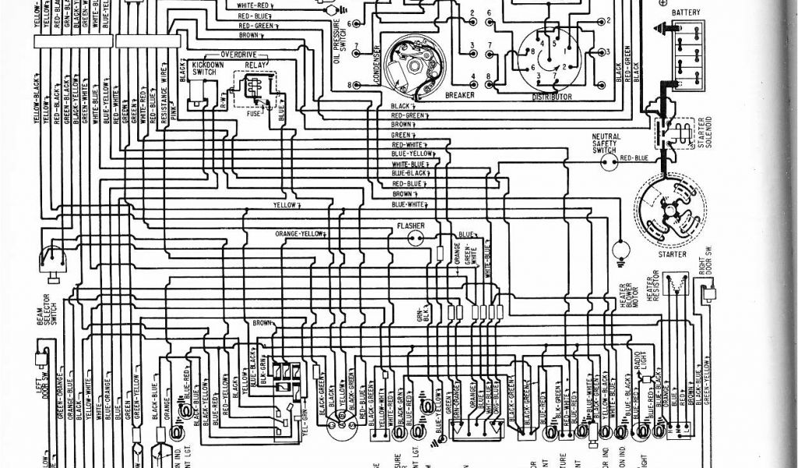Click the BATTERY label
685,12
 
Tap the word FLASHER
410,226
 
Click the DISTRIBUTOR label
553,97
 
